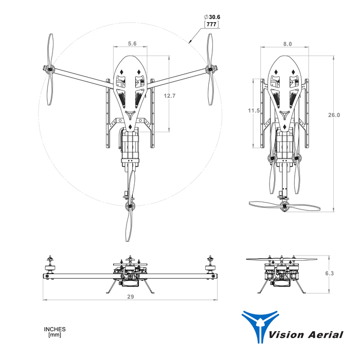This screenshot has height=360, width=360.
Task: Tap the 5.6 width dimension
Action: click(x=132, y=44)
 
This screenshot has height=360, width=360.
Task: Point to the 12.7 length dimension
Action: click(x=170, y=96)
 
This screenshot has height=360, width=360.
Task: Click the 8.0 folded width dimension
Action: click(x=287, y=44)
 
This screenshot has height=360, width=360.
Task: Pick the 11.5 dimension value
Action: click(x=254, y=111)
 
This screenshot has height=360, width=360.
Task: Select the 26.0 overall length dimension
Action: click(x=334, y=115)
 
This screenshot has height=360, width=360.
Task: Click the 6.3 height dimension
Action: click(x=330, y=274)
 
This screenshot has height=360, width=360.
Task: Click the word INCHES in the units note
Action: click(x=55, y=329)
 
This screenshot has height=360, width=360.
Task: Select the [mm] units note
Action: click(x=55, y=335)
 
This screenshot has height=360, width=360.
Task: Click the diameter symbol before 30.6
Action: click(x=205, y=17)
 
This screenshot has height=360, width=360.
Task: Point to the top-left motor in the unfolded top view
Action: click(x=50, y=69)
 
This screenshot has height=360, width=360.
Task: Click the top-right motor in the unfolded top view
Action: click(x=210, y=68)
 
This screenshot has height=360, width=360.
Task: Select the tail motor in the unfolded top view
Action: click(x=129, y=206)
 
